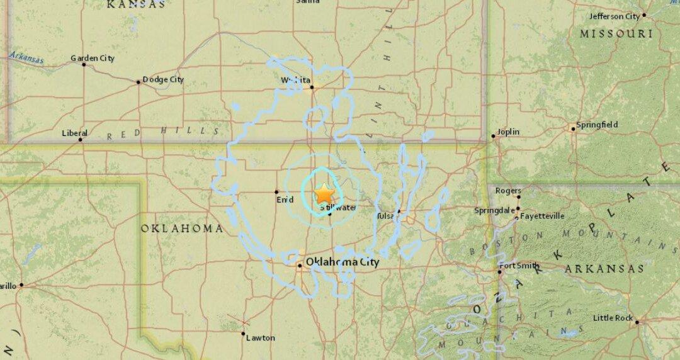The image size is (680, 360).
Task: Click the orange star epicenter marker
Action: click(x=324, y=193)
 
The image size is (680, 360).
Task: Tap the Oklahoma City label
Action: click(x=342, y=262)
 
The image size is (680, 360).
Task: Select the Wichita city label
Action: click(x=295, y=80)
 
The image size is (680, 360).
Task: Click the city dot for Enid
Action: click(x=276, y=191)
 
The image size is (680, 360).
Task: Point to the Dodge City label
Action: click(x=163, y=79)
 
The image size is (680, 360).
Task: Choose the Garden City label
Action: click(x=93, y=59)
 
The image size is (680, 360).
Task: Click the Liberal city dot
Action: click(x=81, y=139)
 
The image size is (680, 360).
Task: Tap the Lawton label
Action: click(x=260, y=338)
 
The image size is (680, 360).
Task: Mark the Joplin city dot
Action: click(x=493, y=135)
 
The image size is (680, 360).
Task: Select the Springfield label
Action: click(x=598, y=125)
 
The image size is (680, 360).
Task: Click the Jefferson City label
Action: click(x=614, y=16)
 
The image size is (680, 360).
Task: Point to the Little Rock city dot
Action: click(x=637, y=322)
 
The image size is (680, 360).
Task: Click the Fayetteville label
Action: click(x=542, y=216)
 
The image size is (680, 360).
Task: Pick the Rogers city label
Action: click(x=508, y=191)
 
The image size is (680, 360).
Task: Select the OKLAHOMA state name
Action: click(x=181, y=228)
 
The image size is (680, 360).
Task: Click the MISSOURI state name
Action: click(x=616, y=33)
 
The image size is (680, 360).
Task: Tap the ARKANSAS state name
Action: click(x=604, y=269)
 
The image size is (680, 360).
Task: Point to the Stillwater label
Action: click(x=338, y=207)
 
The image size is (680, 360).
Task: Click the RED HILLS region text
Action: click(x=163, y=132)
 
